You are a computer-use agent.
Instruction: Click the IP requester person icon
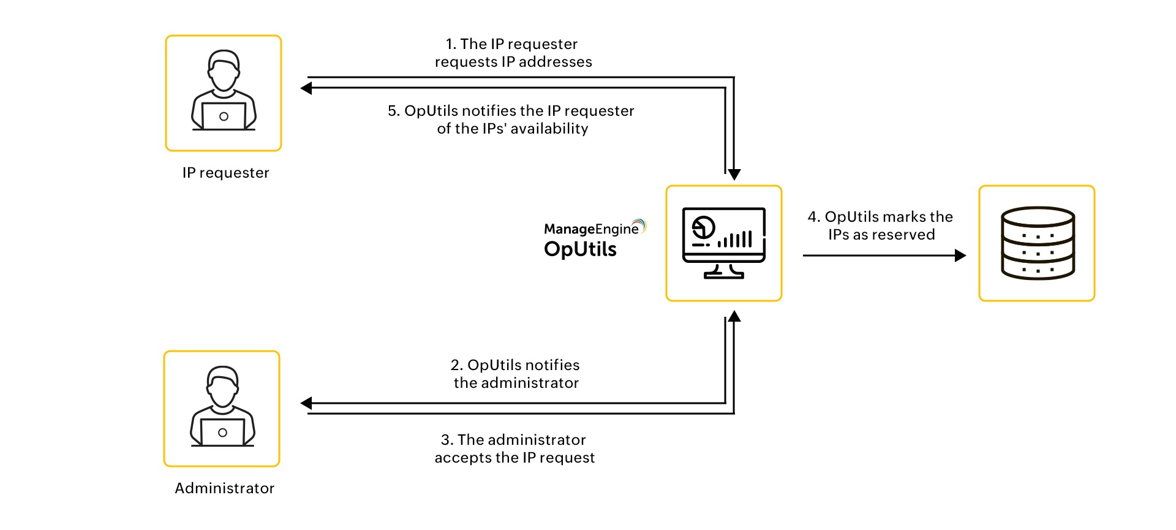[x=224, y=92]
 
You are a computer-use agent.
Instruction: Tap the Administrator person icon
[x=222, y=407]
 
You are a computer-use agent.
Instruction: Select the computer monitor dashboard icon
[x=724, y=243]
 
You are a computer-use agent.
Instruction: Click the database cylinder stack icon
[x=1037, y=243]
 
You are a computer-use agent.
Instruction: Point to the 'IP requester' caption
[x=225, y=173]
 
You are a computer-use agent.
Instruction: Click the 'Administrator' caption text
[x=224, y=488]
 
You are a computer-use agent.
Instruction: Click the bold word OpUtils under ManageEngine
[x=580, y=249]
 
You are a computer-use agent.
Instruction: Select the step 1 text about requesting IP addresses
[x=513, y=53]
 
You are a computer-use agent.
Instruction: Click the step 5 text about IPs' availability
[x=511, y=119]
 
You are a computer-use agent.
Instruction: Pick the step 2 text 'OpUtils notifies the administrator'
[x=516, y=374]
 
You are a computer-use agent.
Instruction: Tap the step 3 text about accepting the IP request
[x=514, y=449]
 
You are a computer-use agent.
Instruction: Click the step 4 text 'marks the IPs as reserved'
[x=881, y=225]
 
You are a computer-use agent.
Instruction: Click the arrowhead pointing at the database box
[x=960, y=256]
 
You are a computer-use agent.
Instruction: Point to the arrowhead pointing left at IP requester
[x=306, y=88]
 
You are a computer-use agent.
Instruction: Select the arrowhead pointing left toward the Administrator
[x=306, y=403]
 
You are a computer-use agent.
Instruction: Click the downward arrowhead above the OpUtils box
[x=734, y=175]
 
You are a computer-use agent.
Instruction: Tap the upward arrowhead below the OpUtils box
[x=734, y=317]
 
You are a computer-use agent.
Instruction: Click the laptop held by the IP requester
[x=224, y=116]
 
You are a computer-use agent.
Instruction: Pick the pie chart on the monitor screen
[x=703, y=228]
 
